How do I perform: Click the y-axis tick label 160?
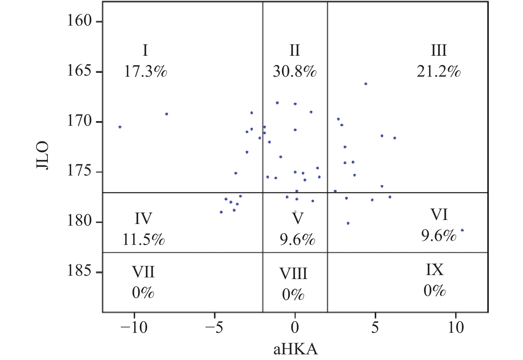click(x=79, y=21)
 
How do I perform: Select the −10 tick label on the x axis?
click(x=134, y=327)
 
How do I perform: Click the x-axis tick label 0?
click(x=295, y=327)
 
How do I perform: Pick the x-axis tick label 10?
click(x=456, y=327)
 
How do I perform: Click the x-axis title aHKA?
click(x=296, y=349)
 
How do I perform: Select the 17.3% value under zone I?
click(x=146, y=71)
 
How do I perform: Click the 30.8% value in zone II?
click(x=295, y=71)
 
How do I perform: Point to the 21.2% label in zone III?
click(x=439, y=71)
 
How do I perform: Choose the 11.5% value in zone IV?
click(x=143, y=239)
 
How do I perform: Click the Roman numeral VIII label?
click(x=294, y=274)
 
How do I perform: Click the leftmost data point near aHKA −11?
click(x=120, y=127)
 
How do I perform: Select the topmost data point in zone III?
click(x=366, y=84)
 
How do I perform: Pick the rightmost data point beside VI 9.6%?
click(x=462, y=230)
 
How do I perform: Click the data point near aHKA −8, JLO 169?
click(x=167, y=114)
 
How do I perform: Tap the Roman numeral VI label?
click(x=439, y=215)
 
